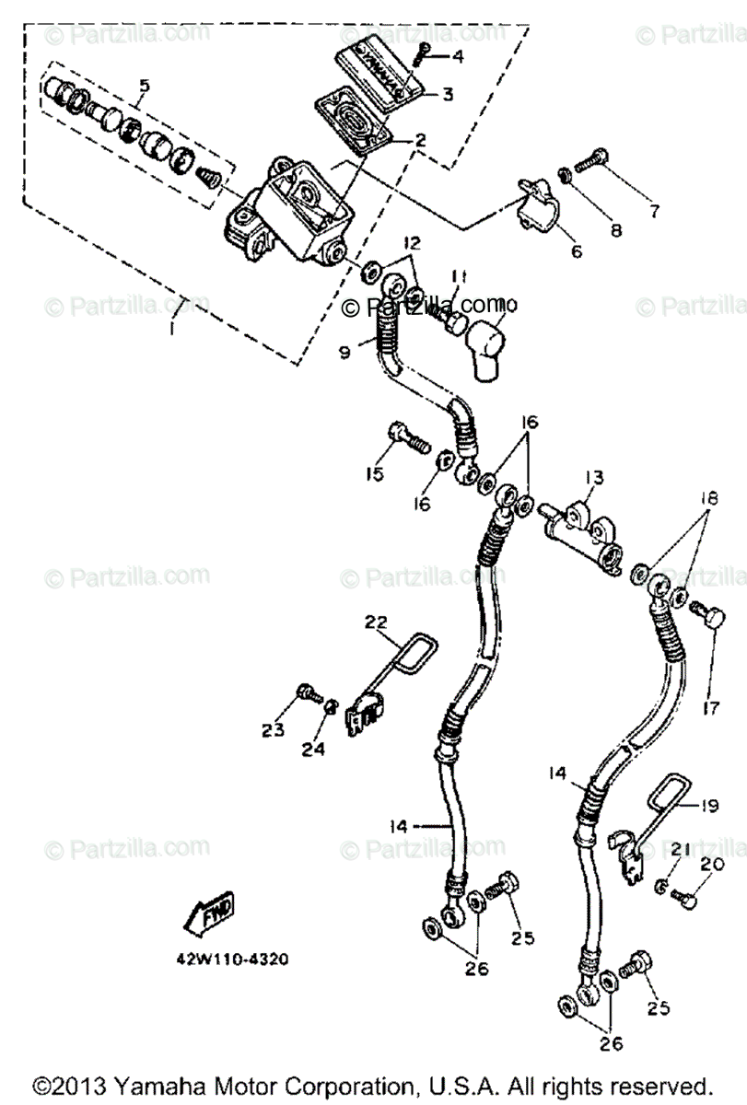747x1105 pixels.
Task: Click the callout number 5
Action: pyautogui.click(x=144, y=87)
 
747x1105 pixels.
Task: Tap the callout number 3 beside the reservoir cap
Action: pyautogui.click(x=447, y=94)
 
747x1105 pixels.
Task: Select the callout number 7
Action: pyautogui.click(x=654, y=211)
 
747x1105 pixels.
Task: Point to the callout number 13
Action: pyautogui.click(x=594, y=477)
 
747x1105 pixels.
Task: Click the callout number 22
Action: pyautogui.click(x=377, y=622)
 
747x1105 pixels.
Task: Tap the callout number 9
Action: pyautogui.click(x=344, y=352)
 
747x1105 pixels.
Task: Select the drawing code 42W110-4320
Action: pyautogui.click(x=233, y=959)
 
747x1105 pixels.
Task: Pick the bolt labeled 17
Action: pyautogui.click(x=709, y=615)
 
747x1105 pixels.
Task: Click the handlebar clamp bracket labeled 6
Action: pyautogui.click(x=537, y=204)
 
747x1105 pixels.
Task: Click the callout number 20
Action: pyautogui.click(x=712, y=864)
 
